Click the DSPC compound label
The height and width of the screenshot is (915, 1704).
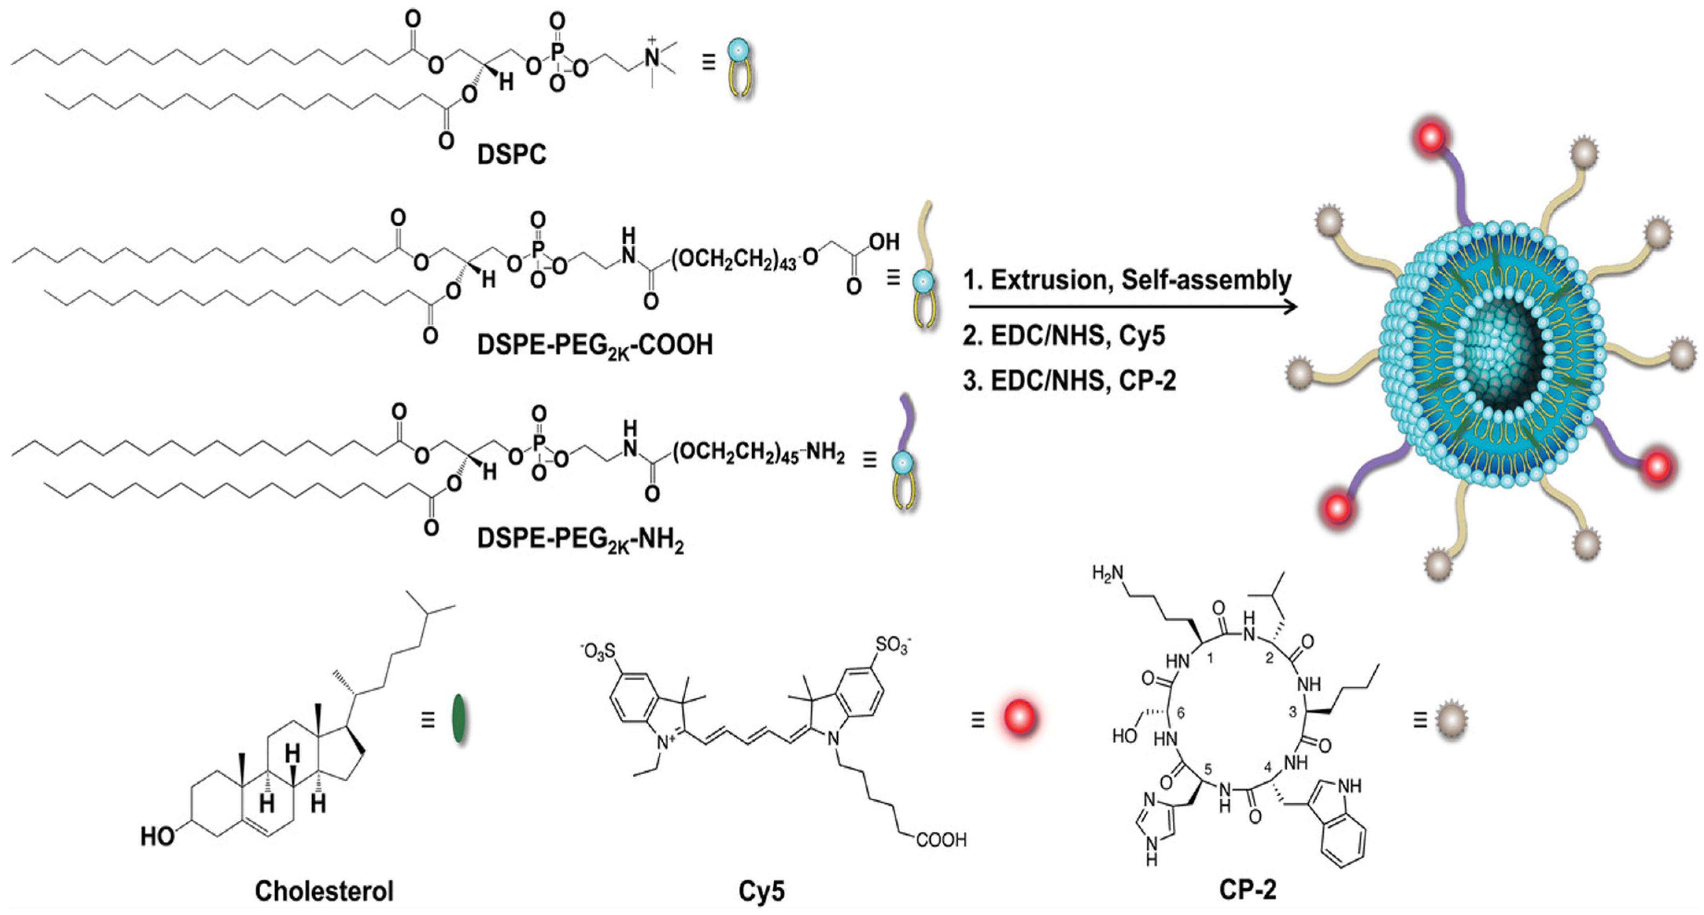click(511, 155)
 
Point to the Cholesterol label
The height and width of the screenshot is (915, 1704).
click(324, 891)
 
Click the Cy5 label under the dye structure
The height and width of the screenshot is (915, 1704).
click(761, 891)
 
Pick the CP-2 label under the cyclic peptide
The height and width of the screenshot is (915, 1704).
click(1247, 890)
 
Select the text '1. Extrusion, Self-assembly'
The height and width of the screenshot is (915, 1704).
click(1127, 280)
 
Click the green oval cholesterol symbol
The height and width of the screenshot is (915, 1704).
click(459, 718)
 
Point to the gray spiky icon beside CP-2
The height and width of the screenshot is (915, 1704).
click(1451, 718)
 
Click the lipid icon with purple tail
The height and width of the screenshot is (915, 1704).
click(904, 456)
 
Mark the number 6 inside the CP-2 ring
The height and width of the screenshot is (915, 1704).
click(1181, 713)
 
